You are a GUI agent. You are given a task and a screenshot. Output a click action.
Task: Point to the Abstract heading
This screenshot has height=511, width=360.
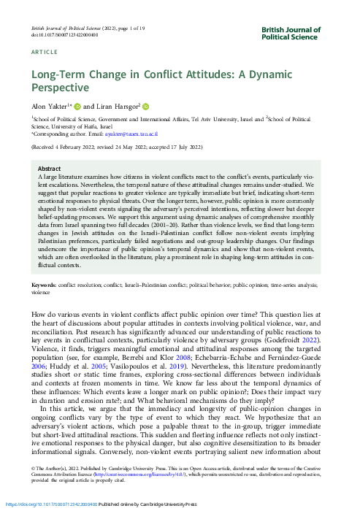coord(49,168)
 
